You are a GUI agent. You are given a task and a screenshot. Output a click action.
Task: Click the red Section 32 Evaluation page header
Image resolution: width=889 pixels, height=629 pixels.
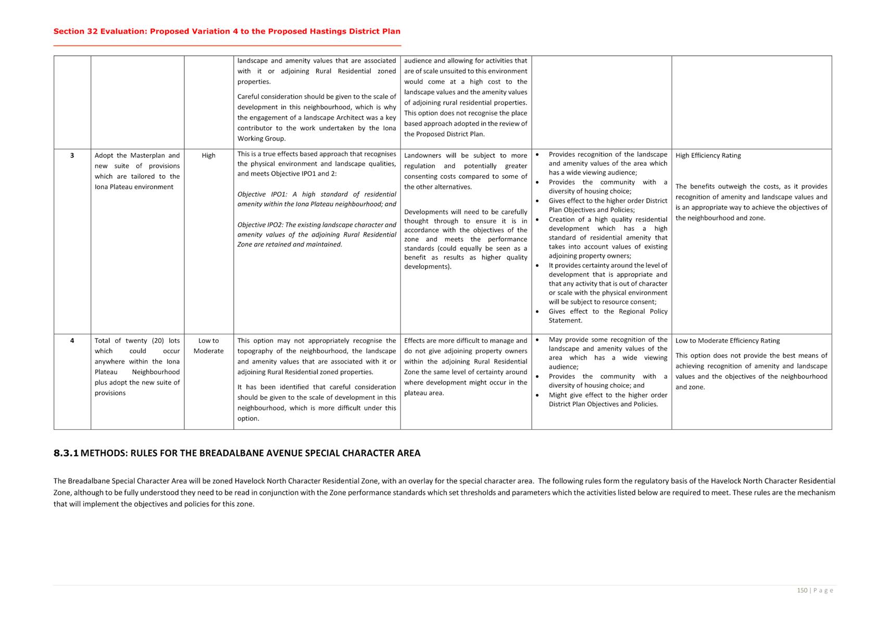coord(227,31)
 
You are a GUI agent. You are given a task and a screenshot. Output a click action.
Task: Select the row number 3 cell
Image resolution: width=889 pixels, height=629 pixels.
coord(72,155)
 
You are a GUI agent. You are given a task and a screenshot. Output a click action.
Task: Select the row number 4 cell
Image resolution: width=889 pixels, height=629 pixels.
coord(72,341)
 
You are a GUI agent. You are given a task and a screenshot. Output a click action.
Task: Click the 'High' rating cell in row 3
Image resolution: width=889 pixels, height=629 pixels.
coord(208,155)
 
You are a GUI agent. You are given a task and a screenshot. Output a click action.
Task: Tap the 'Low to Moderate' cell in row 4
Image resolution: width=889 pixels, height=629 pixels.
coord(208,346)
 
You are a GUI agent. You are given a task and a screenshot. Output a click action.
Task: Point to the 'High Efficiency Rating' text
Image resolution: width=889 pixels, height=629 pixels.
coord(708,155)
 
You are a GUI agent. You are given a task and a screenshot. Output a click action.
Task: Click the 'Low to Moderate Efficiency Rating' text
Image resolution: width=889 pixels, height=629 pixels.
coord(727,341)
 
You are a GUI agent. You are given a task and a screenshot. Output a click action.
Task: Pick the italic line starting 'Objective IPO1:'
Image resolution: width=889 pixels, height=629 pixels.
coord(317,194)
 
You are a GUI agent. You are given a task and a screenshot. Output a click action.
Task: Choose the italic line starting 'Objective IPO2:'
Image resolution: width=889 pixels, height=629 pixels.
coord(317,225)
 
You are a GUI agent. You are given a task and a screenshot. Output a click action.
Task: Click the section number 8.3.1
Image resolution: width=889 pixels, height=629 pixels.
coord(66,453)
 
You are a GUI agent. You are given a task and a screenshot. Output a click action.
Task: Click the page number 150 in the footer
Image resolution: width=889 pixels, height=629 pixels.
coord(802,590)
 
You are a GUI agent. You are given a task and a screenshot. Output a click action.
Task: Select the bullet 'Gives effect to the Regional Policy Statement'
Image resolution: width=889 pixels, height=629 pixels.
coord(607,312)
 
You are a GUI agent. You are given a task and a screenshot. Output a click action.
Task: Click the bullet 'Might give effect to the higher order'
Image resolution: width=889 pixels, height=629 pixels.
coord(607,395)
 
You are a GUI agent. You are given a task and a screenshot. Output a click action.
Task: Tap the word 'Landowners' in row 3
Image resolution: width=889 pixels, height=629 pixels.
coord(422,155)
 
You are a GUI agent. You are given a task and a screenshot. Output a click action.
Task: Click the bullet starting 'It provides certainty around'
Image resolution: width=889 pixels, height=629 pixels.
coord(607,265)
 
